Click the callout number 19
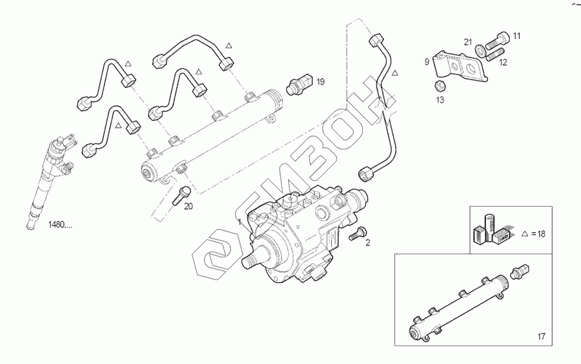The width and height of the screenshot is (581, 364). (x=320, y=81)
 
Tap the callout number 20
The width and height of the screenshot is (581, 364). (x=189, y=207)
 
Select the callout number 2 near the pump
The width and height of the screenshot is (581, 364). (x=367, y=243)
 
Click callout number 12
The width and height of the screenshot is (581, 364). (x=504, y=63)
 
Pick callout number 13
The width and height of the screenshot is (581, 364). (x=440, y=100)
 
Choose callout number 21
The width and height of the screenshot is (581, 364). (x=469, y=42)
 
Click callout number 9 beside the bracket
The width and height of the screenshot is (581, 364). (x=427, y=62)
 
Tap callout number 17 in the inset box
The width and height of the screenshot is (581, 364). (x=541, y=336)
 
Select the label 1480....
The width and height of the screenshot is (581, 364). (x=59, y=225)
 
